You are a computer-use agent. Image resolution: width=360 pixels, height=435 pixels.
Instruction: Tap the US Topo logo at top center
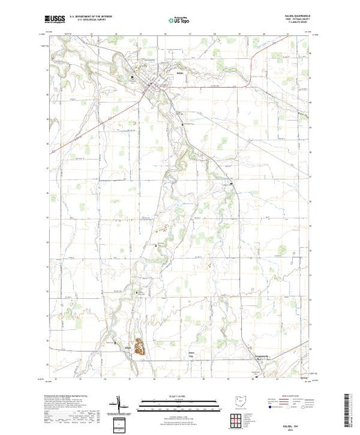tap(180, 19)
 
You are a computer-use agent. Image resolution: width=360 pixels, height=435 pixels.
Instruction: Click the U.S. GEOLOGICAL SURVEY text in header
tap(86, 20)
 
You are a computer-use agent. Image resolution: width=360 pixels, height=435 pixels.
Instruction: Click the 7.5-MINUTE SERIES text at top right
tap(301, 24)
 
